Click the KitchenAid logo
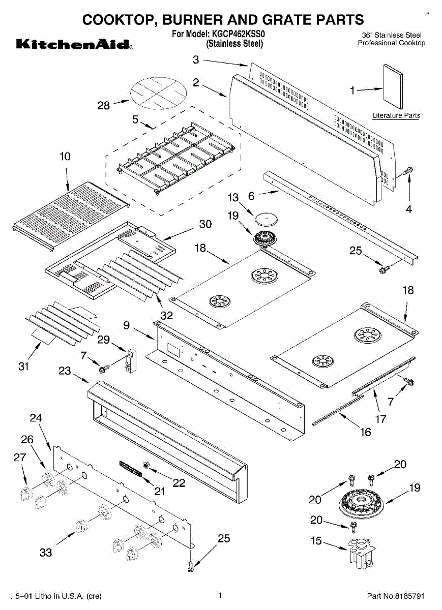pos(75,44)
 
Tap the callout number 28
pos(104,105)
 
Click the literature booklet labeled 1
pos(393,86)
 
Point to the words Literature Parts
pos(396,115)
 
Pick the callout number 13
pos(233,198)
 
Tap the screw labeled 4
pos(407,171)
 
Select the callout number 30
pos(205,224)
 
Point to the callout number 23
pos(65,371)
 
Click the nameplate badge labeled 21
pos(131,469)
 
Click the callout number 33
pos(45,553)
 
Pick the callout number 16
pos(365,432)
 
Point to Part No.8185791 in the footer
pos(396,596)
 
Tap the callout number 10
pos(65,157)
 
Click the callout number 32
pos(166,315)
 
